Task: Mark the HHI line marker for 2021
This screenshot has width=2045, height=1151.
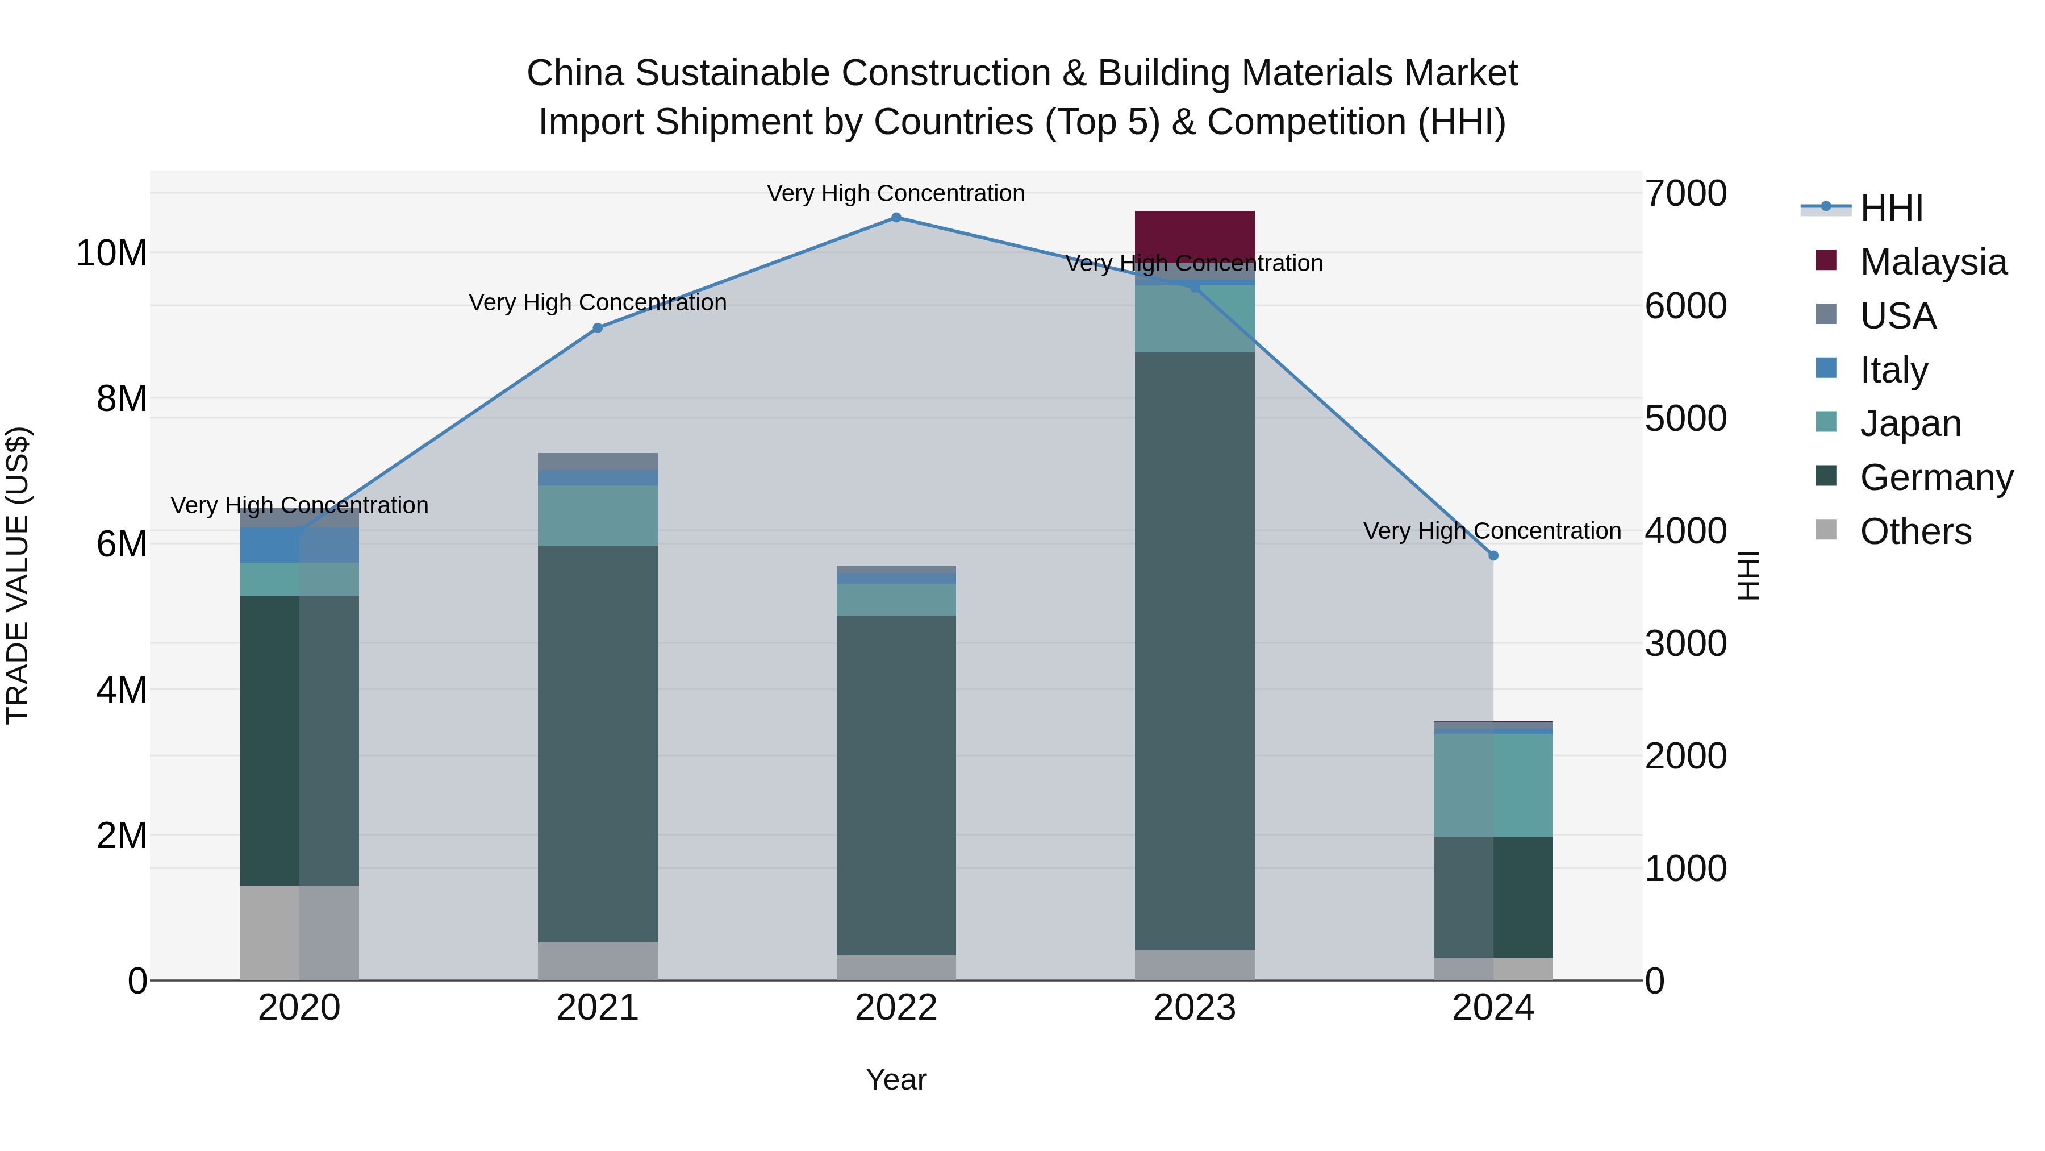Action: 597,327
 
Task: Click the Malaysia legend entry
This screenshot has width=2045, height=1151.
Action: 1933,262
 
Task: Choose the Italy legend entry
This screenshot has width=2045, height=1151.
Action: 1893,370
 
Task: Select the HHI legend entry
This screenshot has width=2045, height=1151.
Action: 1891,208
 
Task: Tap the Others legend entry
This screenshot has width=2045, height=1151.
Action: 1915,531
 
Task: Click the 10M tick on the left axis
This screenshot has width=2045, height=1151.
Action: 111,254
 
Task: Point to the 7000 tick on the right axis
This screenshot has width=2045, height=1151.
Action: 1685,193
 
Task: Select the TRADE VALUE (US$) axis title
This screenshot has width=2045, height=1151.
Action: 18,575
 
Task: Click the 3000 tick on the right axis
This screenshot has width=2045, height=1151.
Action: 1685,643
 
